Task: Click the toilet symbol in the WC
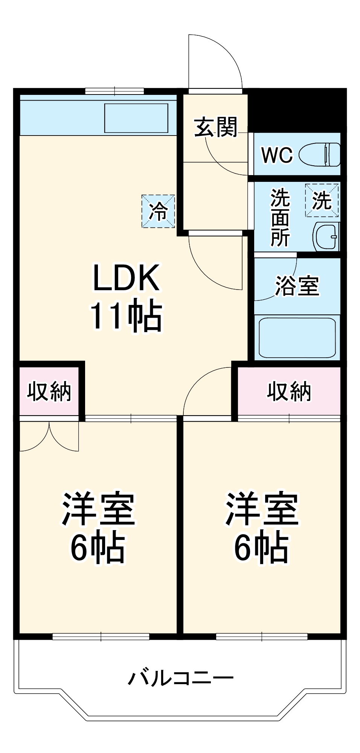(x=320, y=154)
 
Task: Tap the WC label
(x=277, y=154)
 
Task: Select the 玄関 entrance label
(x=215, y=127)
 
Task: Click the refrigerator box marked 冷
(x=158, y=211)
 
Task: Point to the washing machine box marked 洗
(x=322, y=200)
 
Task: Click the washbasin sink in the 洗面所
(x=326, y=237)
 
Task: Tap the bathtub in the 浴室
(x=297, y=337)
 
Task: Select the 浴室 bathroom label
(x=297, y=286)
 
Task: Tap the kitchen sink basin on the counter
(x=136, y=118)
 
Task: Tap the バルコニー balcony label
(x=181, y=678)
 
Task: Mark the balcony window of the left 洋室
(x=101, y=637)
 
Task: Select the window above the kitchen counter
(x=114, y=91)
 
